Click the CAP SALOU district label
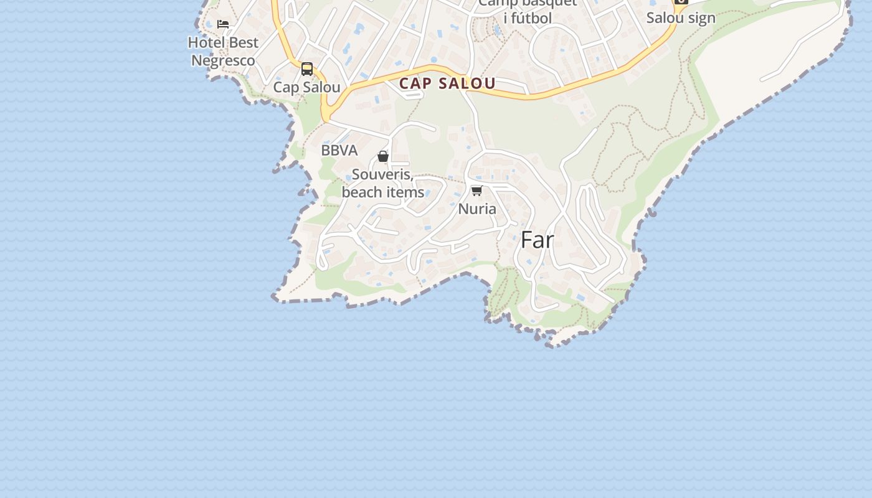coord(447,83)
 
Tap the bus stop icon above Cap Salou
coord(307,68)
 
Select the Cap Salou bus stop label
coord(306,87)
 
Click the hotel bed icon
coord(223,24)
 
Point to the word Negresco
coord(223,60)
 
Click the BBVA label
coord(339,151)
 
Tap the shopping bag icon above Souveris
coord(383,156)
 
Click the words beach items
coord(382,192)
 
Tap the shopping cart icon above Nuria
coord(477,190)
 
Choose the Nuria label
coord(477,209)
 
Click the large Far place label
coord(537,240)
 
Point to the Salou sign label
coord(681,18)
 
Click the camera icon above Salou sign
coord(681,1)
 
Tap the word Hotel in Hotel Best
coord(207,43)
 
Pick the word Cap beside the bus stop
coord(286,87)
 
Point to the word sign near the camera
coord(700,18)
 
